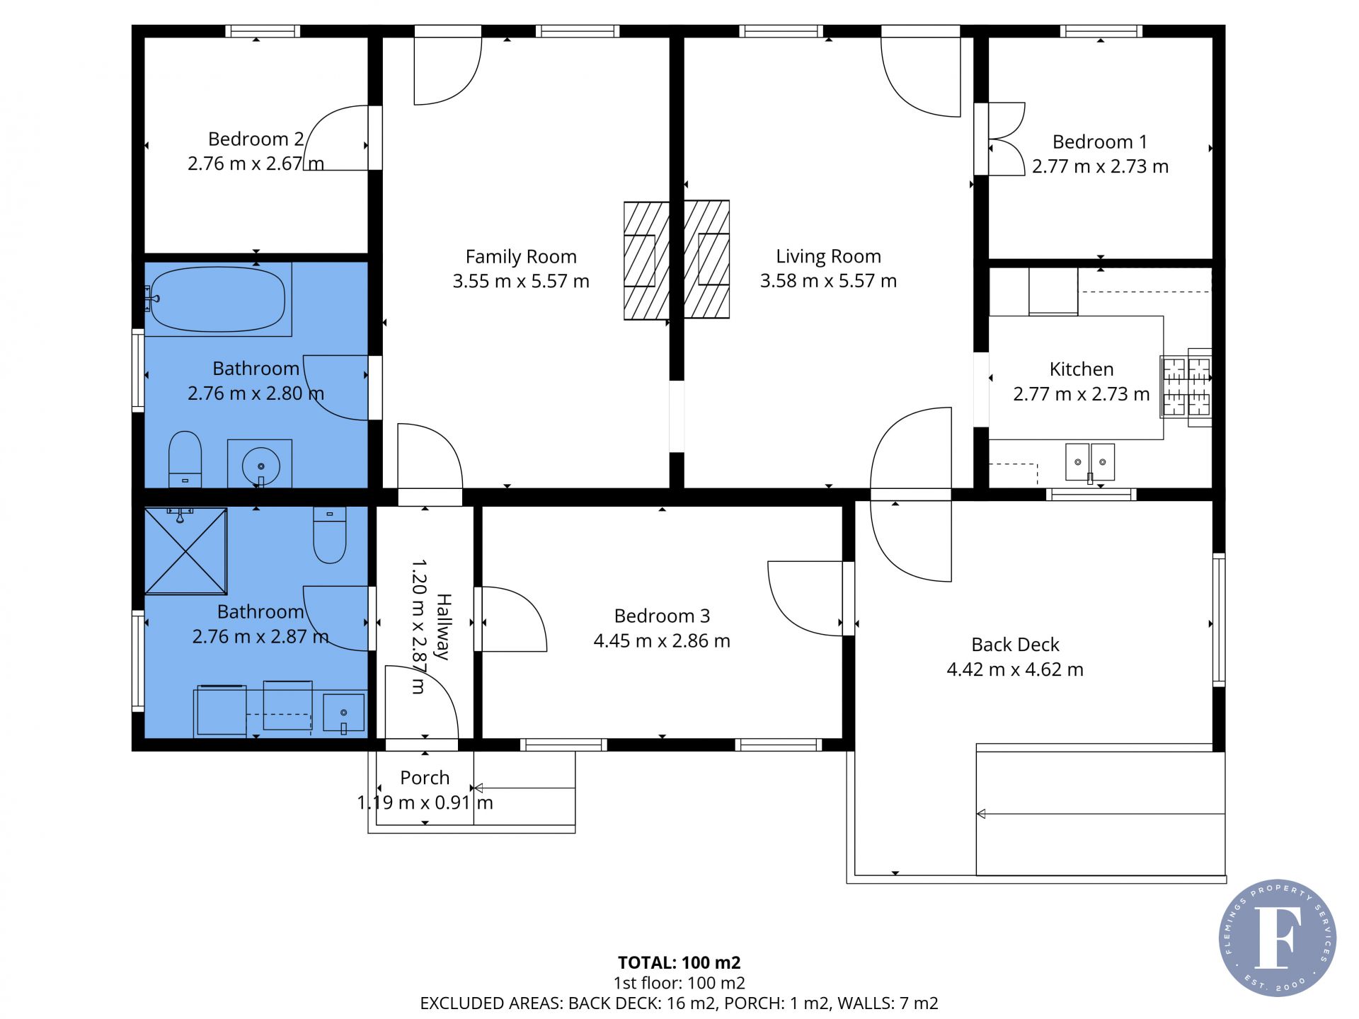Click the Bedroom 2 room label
(x=256, y=139)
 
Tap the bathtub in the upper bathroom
(x=218, y=299)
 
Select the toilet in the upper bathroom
(x=185, y=459)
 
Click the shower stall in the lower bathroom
(x=186, y=551)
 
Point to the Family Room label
(x=521, y=256)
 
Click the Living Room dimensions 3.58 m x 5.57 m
(x=828, y=281)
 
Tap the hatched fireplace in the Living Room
(x=707, y=260)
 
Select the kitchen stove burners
(x=1186, y=387)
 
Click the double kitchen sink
(x=1090, y=462)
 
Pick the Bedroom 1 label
(x=1100, y=142)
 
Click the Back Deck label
(x=1015, y=645)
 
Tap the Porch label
(x=425, y=778)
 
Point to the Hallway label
(x=443, y=626)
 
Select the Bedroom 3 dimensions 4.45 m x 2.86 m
(x=662, y=641)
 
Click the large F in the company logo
(x=1278, y=937)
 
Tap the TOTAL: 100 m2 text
(x=679, y=962)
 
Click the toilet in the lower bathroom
(x=330, y=535)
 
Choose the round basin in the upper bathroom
(x=260, y=466)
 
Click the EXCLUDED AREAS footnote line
(x=679, y=1003)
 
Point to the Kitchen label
(x=1082, y=369)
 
